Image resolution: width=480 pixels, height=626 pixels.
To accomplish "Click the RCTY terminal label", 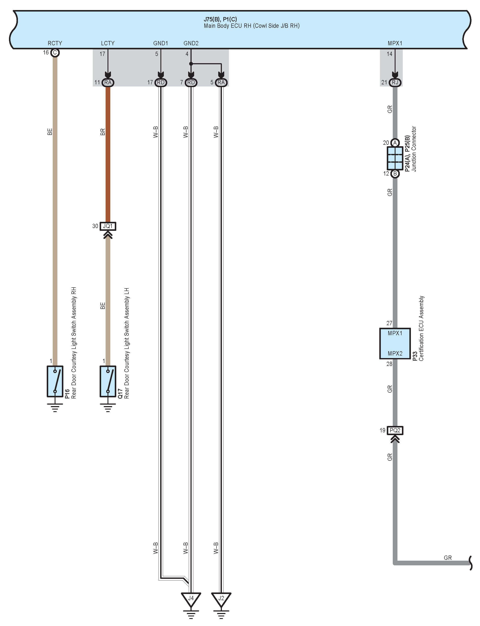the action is point(55,43).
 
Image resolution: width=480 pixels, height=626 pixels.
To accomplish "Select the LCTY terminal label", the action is point(108,43).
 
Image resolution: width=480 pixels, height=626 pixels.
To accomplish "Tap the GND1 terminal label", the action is point(161,43).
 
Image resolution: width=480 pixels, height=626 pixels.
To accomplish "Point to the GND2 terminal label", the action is point(191,43).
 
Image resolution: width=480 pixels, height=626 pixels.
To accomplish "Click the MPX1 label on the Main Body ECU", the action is point(395,43).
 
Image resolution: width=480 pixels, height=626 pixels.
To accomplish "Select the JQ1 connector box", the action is point(108,226).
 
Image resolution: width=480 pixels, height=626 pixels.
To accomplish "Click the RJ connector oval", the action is point(395,82).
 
